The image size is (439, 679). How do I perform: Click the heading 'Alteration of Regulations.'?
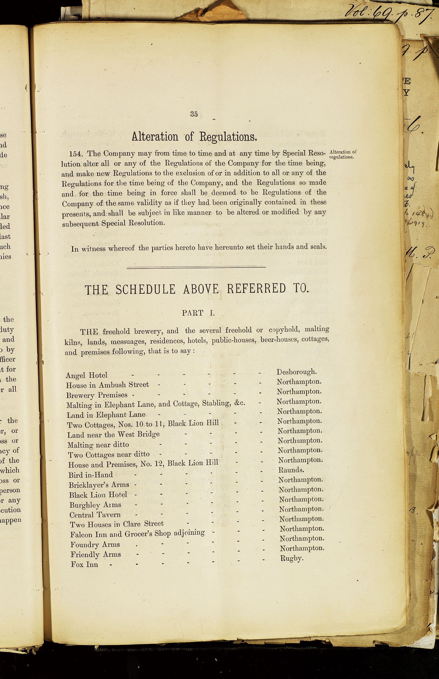(x=194, y=137)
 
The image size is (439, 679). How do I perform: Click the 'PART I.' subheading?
(x=198, y=313)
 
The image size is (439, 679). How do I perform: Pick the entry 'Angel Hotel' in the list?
(x=87, y=375)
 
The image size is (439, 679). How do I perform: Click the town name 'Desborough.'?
(x=297, y=372)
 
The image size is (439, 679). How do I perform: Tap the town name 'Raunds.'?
(x=291, y=470)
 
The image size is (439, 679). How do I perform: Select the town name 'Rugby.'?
(x=292, y=558)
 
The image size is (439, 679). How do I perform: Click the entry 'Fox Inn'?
(x=84, y=564)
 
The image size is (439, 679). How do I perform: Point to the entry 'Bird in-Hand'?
(x=91, y=475)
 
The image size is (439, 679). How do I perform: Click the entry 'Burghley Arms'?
(x=96, y=505)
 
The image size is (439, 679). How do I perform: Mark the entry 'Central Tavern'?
(x=95, y=515)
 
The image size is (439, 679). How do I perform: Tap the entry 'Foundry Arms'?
(x=95, y=545)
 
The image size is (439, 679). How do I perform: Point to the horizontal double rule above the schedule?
(x=196, y=267)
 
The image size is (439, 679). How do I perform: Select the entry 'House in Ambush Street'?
(x=108, y=385)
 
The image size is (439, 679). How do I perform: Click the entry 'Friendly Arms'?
(x=96, y=555)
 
